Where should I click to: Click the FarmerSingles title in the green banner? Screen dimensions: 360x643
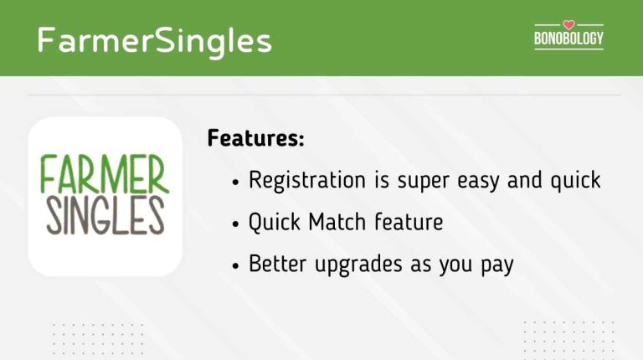[154, 39]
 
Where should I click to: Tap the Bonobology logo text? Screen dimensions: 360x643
[568, 39]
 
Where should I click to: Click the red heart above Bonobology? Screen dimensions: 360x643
[568, 24]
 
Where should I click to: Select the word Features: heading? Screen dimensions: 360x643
[255, 138]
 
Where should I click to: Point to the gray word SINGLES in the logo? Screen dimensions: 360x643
[105, 215]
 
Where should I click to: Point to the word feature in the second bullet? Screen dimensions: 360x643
[408, 223]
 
